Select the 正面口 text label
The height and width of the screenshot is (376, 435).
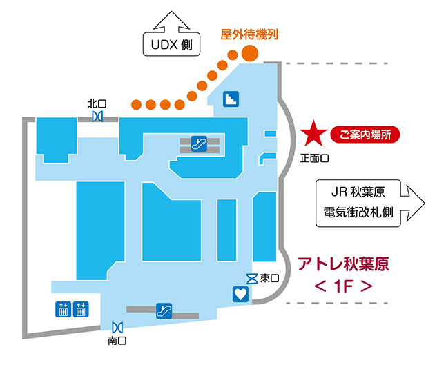pyautogui.click(x=315, y=158)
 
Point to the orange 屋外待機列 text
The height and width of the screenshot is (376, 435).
pyautogui.click(x=249, y=33)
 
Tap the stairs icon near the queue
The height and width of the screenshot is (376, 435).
pyautogui.click(x=231, y=99)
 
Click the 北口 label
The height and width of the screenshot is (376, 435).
pyautogui.click(x=96, y=104)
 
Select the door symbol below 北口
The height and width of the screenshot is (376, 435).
pyautogui.click(x=97, y=117)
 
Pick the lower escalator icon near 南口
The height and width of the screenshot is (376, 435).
pyautogui.click(x=164, y=310)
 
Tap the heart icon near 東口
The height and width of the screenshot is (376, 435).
pyautogui.click(x=240, y=294)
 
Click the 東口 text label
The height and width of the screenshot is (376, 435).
pyautogui.click(x=269, y=278)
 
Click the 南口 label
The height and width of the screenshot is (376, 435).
pyautogui.click(x=117, y=339)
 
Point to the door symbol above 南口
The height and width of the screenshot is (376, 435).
pyautogui.click(x=117, y=326)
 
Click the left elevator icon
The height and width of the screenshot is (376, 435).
pyautogui.click(x=62, y=308)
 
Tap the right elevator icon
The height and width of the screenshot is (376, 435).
pyautogui.click(x=82, y=308)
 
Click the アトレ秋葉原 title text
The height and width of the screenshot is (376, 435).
pyautogui.click(x=343, y=264)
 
